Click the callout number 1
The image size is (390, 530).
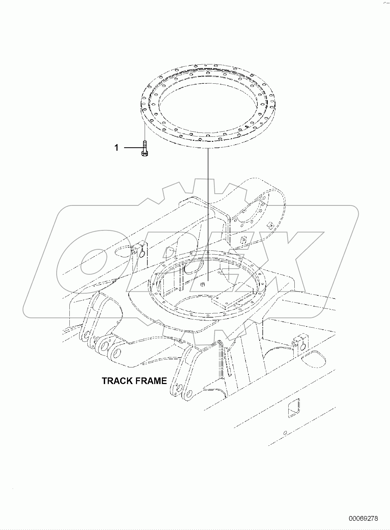pyautogui.click(x=116, y=148)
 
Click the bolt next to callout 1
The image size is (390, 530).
pyautogui.click(x=144, y=149)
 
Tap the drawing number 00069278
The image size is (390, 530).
pyautogui.click(x=363, y=519)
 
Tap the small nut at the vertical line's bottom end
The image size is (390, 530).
pyautogui.click(x=203, y=284)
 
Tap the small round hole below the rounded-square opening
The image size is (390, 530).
pyautogui.click(x=285, y=433)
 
